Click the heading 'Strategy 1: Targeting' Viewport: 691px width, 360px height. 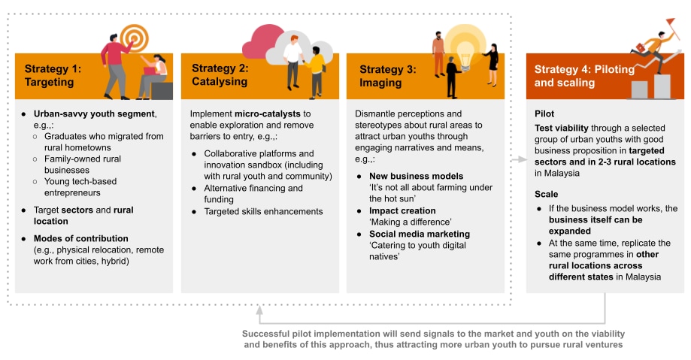tap(53, 75)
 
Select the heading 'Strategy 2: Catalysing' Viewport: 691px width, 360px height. tap(220, 75)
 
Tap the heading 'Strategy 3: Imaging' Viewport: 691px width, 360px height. tap(388, 76)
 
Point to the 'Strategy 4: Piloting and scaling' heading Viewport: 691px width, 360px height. tap(584, 76)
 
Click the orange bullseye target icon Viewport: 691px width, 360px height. tap(135, 38)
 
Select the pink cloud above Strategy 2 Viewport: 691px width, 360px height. tap(263, 42)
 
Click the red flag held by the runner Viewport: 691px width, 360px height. tap(670, 21)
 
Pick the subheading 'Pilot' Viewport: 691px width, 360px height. tap(544, 113)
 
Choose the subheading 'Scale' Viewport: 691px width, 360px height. tap(546, 195)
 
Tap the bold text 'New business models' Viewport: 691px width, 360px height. tap(416, 177)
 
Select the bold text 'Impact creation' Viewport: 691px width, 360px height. tap(402, 210)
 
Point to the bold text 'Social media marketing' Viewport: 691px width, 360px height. tap(420, 234)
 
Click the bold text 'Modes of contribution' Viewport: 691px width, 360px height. tap(81, 238)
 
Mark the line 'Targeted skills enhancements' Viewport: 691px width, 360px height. tap(263, 211)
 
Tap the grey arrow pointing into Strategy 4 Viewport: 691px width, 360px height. tap(519, 159)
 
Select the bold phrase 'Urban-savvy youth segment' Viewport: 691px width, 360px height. tap(94, 113)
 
